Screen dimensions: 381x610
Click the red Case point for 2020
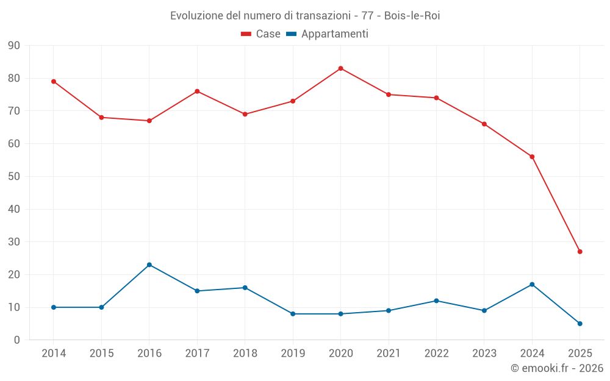pyautogui.click(x=340, y=68)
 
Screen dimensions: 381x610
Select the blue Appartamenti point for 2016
pyautogui.click(x=149, y=265)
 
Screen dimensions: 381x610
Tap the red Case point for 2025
pyautogui.click(x=579, y=252)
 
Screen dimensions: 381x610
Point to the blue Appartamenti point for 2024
pyautogui.click(x=532, y=284)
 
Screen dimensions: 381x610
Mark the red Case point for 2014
pyautogui.click(x=54, y=81)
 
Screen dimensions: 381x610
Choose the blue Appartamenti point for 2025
pyautogui.click(x=579, y=324)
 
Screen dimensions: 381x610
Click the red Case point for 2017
pyautogui.click(x=197, y=91)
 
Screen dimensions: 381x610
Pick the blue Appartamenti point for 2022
pyautogui.click(x=436, y=301)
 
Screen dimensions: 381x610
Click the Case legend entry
pyautogui.click(x=260, y=34)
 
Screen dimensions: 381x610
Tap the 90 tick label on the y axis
pyautogui.click(x=14, y=46)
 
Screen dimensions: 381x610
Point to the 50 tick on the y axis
pyautogui.click(x=14, y=177)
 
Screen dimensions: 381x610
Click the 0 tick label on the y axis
pyautogui.click(x=17, y=340)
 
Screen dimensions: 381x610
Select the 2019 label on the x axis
pyautogui.click(x=293, y=354)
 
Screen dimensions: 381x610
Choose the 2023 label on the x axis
pyautogui.click(x=484, y=354)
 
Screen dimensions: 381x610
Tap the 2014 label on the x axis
pyautogui.click(x=54, y=354)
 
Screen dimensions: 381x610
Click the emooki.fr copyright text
pyautogui.click(x=556, y=368)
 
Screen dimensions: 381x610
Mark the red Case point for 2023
pyautogui.click(x=484, y=124)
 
